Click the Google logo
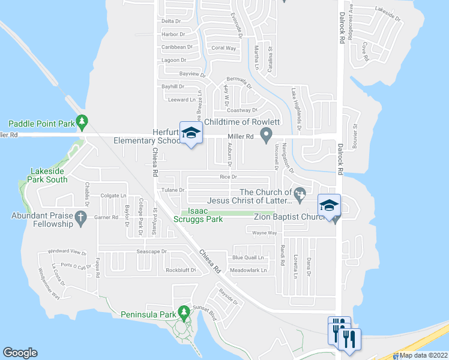point(20,353)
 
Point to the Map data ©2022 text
point(424,355)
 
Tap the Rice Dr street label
point(229,177)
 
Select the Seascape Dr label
point(151,251)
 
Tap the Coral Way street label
point(223,48)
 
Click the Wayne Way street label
point(264,233)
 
